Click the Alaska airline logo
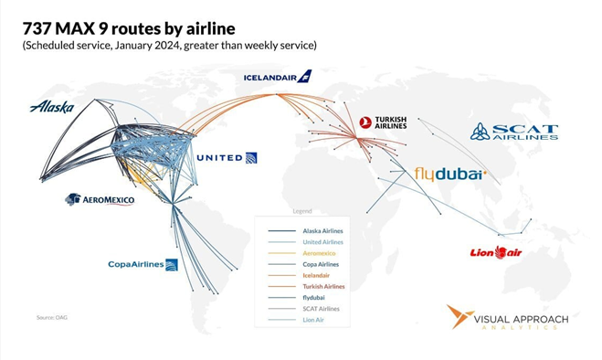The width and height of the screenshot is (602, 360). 51,107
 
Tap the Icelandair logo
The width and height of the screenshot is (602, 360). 278,77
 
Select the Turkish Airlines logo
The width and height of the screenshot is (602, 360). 383,122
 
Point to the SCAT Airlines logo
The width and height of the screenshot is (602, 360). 513,132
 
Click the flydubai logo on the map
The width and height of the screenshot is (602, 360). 449,174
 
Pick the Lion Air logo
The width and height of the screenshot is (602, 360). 495,252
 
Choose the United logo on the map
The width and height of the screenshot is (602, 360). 227,158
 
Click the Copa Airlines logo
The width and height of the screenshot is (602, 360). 143,265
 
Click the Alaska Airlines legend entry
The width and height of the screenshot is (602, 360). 322,230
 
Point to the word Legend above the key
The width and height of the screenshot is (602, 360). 301,211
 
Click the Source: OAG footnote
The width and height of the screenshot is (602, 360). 52,317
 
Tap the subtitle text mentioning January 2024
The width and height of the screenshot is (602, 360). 170,45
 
